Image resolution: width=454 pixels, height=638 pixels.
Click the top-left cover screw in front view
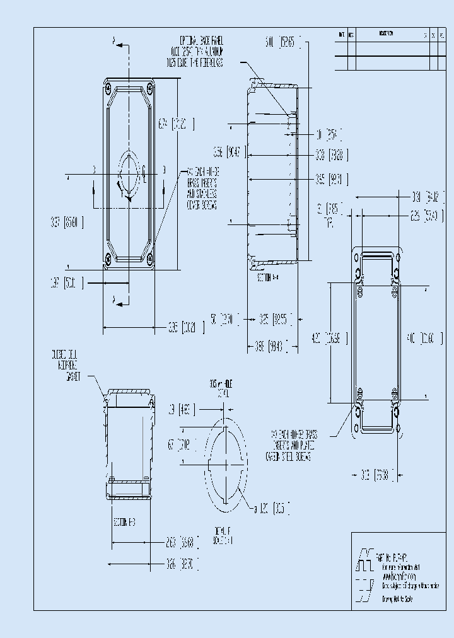coord(109,86)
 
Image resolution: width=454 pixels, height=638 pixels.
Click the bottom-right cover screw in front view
coord(149,258)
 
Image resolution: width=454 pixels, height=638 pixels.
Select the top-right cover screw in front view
coord(149,86)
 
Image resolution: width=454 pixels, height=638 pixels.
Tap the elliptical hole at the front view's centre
coord(129,172)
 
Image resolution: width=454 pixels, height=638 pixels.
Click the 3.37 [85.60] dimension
coord(67,222)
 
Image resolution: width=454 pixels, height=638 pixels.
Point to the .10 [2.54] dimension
coord(329,134)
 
